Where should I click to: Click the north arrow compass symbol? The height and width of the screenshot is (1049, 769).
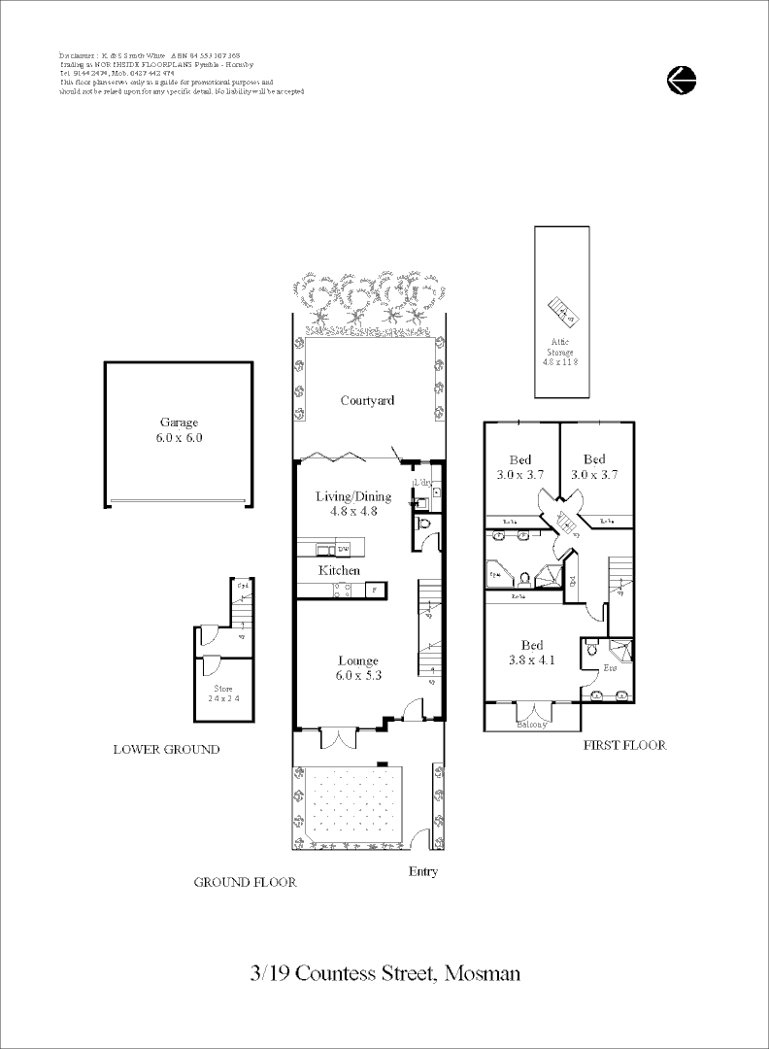pyautogui.click(x=682, y=80)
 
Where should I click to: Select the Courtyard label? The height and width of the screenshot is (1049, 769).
pyautogui.click(x=367, y=400)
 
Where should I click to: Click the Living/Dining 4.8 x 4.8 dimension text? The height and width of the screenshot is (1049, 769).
pyautogui.click(x=353, y=511)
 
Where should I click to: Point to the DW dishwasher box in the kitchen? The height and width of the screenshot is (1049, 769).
pyautogui.click(x=370, y=550)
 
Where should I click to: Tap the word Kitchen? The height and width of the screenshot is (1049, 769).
pyautogui.click(x=340, y=570)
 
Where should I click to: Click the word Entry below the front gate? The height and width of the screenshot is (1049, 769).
pyautogui.click(x=422, y=871)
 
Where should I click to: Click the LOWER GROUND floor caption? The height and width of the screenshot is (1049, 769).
pyautogui.click(x=166, y=749)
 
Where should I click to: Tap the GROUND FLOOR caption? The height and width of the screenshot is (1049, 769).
pyautogui.click(x=245, y=882)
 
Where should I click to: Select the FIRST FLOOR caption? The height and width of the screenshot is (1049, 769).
pyautogui.click(x=624, y=745)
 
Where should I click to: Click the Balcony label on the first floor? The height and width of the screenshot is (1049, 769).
pyautogui.click(x=531, y=725)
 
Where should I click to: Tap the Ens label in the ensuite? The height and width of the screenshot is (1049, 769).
pyautogui.click(x=610, y=668)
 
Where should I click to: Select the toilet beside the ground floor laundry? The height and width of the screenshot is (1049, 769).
pyautogui.click(x=423, y=524)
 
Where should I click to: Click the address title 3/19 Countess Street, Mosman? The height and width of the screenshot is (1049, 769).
pyautogui.click(x=384, y=972)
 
